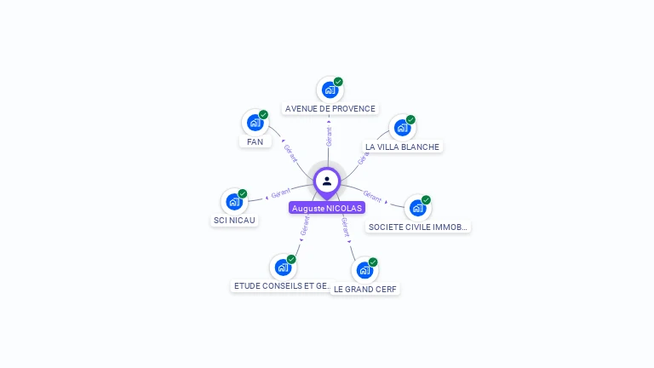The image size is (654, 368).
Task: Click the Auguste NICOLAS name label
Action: (327, 208)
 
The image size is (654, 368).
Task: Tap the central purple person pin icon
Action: (327, 181)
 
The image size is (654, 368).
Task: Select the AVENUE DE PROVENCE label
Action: (330, 109)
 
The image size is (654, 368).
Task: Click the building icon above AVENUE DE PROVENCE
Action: (330, 89)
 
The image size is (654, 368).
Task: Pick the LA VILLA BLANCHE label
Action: (402, 147)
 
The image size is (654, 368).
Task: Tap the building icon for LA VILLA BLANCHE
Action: (402, 128)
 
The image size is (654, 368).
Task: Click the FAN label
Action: (255, 141)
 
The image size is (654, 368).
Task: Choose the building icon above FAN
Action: (255, 123)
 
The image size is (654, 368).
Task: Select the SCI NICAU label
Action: (234, 220)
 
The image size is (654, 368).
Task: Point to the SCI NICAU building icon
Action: (234, 201)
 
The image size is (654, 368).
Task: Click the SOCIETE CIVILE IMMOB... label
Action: (418, 227)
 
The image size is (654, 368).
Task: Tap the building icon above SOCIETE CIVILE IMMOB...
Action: (416, 208)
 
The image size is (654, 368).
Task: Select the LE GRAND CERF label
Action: (365, 289)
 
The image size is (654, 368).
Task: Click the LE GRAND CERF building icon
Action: (364, 270)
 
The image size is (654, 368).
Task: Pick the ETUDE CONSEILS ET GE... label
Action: (281, 286)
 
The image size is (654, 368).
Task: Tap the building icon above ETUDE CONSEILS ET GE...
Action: (283, 267)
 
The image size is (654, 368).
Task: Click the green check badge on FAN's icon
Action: (264, 114)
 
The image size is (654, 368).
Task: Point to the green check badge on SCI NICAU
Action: (243, 193)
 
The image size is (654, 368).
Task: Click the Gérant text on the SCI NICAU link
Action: (281, 192)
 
